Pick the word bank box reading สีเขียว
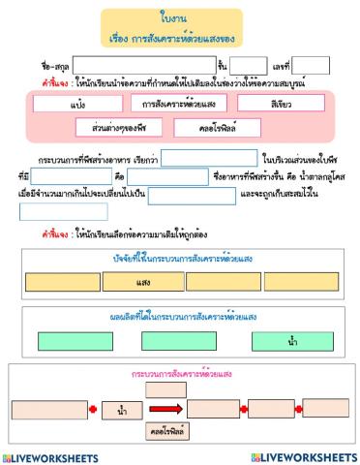click(282, 102)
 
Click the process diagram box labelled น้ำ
click(122, 411)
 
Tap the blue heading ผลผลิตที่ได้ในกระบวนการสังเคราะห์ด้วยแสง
click(180, 317)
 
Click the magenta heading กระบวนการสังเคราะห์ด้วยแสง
click(179, 373)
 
